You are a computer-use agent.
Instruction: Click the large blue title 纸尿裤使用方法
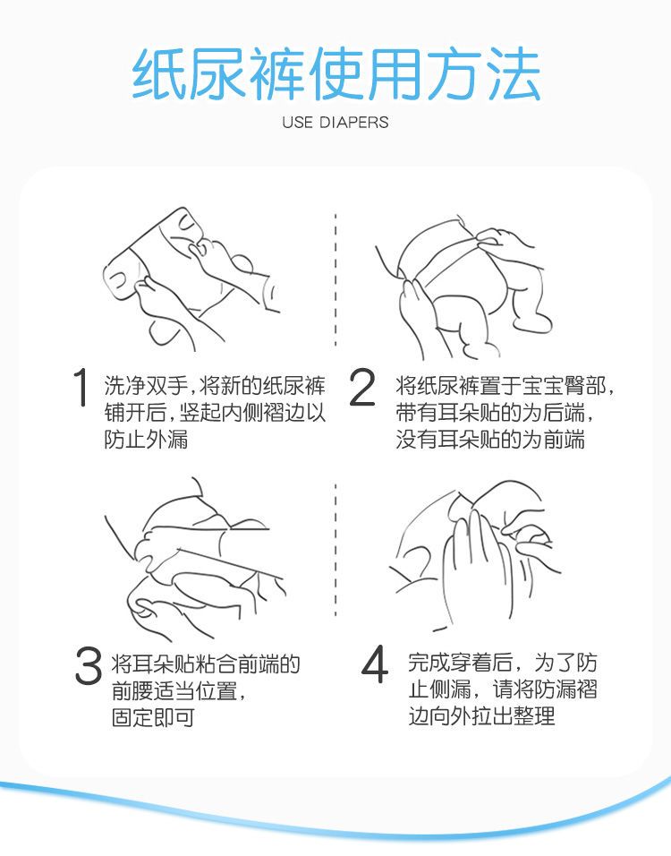pyautogui.click(x=335, y=74)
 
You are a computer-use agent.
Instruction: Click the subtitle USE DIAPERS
pyautogui.click(x=335, y=123)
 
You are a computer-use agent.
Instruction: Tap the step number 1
pyautogui.click(x=81, y=387)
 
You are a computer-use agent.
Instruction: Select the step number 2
pyautogui.click(x=361, y=387)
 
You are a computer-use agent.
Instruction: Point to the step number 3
pyautogui.click(x=89, y=665)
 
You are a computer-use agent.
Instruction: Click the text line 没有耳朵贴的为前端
pyautogui.click(x=490, y=440)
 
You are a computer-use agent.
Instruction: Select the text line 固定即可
pyautogui.click(x=153, y=718)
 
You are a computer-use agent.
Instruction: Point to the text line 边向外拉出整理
pyautogui.click(x=481, y=715)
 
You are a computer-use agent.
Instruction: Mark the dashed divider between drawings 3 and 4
pyautogui.click(x=335, y=550)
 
